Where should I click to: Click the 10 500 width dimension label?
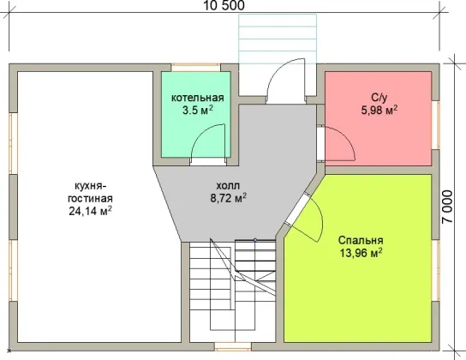[x=224, y=5]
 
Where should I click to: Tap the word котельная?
[x=198, y=98]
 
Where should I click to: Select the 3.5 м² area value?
[x=198, y=111]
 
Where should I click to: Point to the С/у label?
[x=379, y=98]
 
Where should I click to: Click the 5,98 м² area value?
[x=379, y=111]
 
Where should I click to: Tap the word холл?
[x=228, y=186]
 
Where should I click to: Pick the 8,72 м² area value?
[x=228, y=198]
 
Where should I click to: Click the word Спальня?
[x=361, y=240]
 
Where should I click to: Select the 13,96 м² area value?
[x=361, y=253]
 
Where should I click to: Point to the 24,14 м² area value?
[x=90, y=211]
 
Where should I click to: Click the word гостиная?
[x=90, y=198]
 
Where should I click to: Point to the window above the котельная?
[x=196, y=67]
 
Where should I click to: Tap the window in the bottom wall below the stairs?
[x=233, y=346]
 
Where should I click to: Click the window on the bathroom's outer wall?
[x=435, y=125]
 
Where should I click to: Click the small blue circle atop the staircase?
[x=255, y=240]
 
